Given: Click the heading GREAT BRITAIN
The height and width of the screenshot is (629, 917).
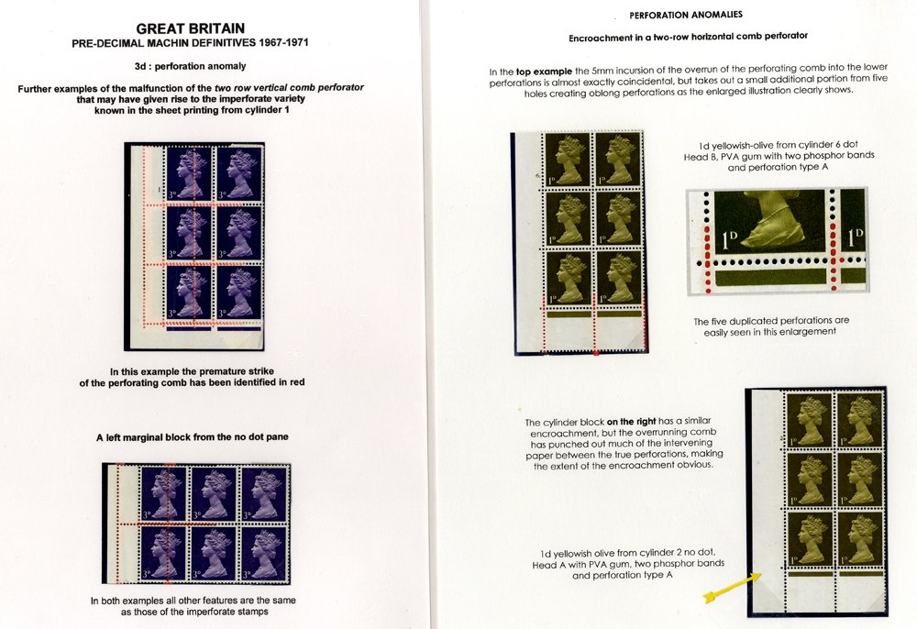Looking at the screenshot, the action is [190, 28].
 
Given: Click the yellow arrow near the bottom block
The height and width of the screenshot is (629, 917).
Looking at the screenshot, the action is [733, 587].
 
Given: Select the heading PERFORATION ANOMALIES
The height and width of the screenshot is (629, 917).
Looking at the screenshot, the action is [686, 16].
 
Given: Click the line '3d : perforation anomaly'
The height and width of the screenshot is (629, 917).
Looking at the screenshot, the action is [190, 66].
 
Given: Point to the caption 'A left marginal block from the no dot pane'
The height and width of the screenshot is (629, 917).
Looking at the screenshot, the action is [192, 436].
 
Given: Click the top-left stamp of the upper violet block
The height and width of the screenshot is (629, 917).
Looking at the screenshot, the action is [189, 172].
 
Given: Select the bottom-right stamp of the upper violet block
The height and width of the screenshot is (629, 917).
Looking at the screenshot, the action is [238, 292].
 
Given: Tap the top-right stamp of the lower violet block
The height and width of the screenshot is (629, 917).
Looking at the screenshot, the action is [264, 494].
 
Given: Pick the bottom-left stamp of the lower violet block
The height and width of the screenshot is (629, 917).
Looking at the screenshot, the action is [162, 553].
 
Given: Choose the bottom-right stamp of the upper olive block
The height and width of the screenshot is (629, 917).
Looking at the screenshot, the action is [619, 278].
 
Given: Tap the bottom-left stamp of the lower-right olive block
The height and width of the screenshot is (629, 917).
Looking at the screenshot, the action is [811, 539].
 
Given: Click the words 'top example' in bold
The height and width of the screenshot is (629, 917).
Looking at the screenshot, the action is [544, 72].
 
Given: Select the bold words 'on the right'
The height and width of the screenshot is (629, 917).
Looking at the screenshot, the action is [631, 422].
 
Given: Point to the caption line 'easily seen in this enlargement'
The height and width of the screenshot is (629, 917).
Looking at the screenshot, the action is [769, 331].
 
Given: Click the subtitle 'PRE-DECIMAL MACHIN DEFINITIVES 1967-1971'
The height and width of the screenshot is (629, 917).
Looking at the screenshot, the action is [190, 43].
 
